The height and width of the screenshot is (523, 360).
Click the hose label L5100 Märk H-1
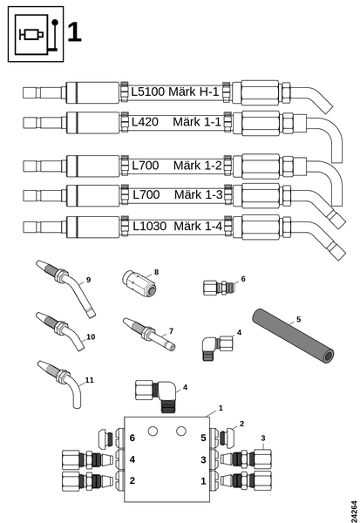(175, 92)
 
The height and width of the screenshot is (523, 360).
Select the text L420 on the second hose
(145, 122)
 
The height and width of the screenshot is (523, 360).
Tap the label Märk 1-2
(198, 166)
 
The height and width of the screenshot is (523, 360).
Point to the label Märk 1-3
(198, 194)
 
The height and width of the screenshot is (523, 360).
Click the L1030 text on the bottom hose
(149, 227)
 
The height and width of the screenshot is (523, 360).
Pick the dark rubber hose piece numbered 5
(293, 336)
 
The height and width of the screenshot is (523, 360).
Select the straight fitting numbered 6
(219, 288)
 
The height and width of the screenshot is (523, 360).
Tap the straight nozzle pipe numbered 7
(149, 335)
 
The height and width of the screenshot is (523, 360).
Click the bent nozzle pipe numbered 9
(67, 289)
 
